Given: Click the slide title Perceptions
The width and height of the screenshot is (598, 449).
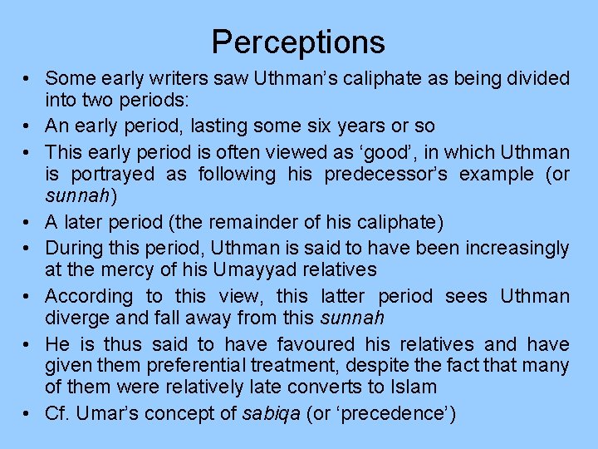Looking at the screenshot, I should (x=298, y=42).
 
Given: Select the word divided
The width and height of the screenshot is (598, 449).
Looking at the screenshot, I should (x=536, y=79).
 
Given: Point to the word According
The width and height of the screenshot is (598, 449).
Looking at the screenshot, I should (x=89, y=297).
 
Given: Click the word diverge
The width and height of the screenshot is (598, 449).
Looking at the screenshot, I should (x=76, y=318).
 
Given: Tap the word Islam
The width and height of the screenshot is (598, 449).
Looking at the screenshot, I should (x=414, y=387).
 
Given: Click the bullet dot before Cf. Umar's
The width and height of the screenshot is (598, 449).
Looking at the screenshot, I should (x=28, y=414).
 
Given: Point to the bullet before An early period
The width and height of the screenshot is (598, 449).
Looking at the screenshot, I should (x=28, y=126).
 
